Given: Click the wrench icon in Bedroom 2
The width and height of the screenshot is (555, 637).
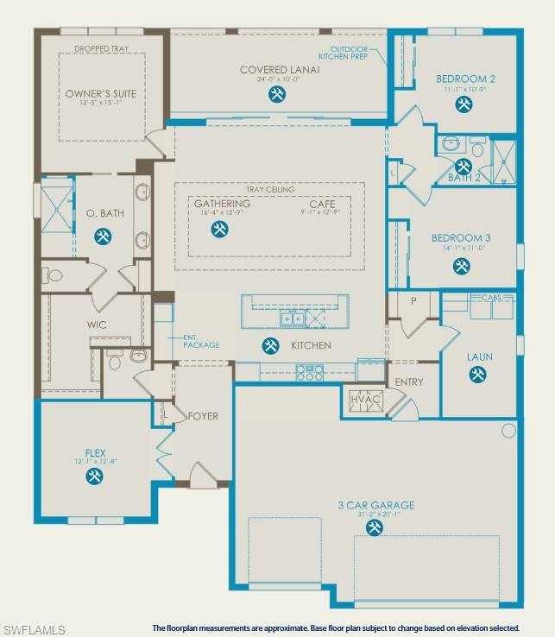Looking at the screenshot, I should coord(463,104).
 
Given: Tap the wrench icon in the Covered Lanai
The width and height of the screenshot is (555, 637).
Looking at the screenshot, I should coord(278,97).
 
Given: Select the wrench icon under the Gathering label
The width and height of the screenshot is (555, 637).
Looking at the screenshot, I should coord(219,229).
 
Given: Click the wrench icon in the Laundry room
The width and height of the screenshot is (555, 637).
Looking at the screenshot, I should coord(477,374).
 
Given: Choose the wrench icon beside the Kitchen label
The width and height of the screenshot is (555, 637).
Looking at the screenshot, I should coord(269,345).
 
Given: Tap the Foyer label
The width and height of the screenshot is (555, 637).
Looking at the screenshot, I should coord(203,416).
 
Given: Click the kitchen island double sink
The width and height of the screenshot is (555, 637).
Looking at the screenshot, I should coord(290,318).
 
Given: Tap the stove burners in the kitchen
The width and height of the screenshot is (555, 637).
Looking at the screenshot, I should coord(309,373).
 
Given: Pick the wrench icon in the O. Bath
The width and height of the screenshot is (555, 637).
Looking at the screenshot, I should coord(103,234).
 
